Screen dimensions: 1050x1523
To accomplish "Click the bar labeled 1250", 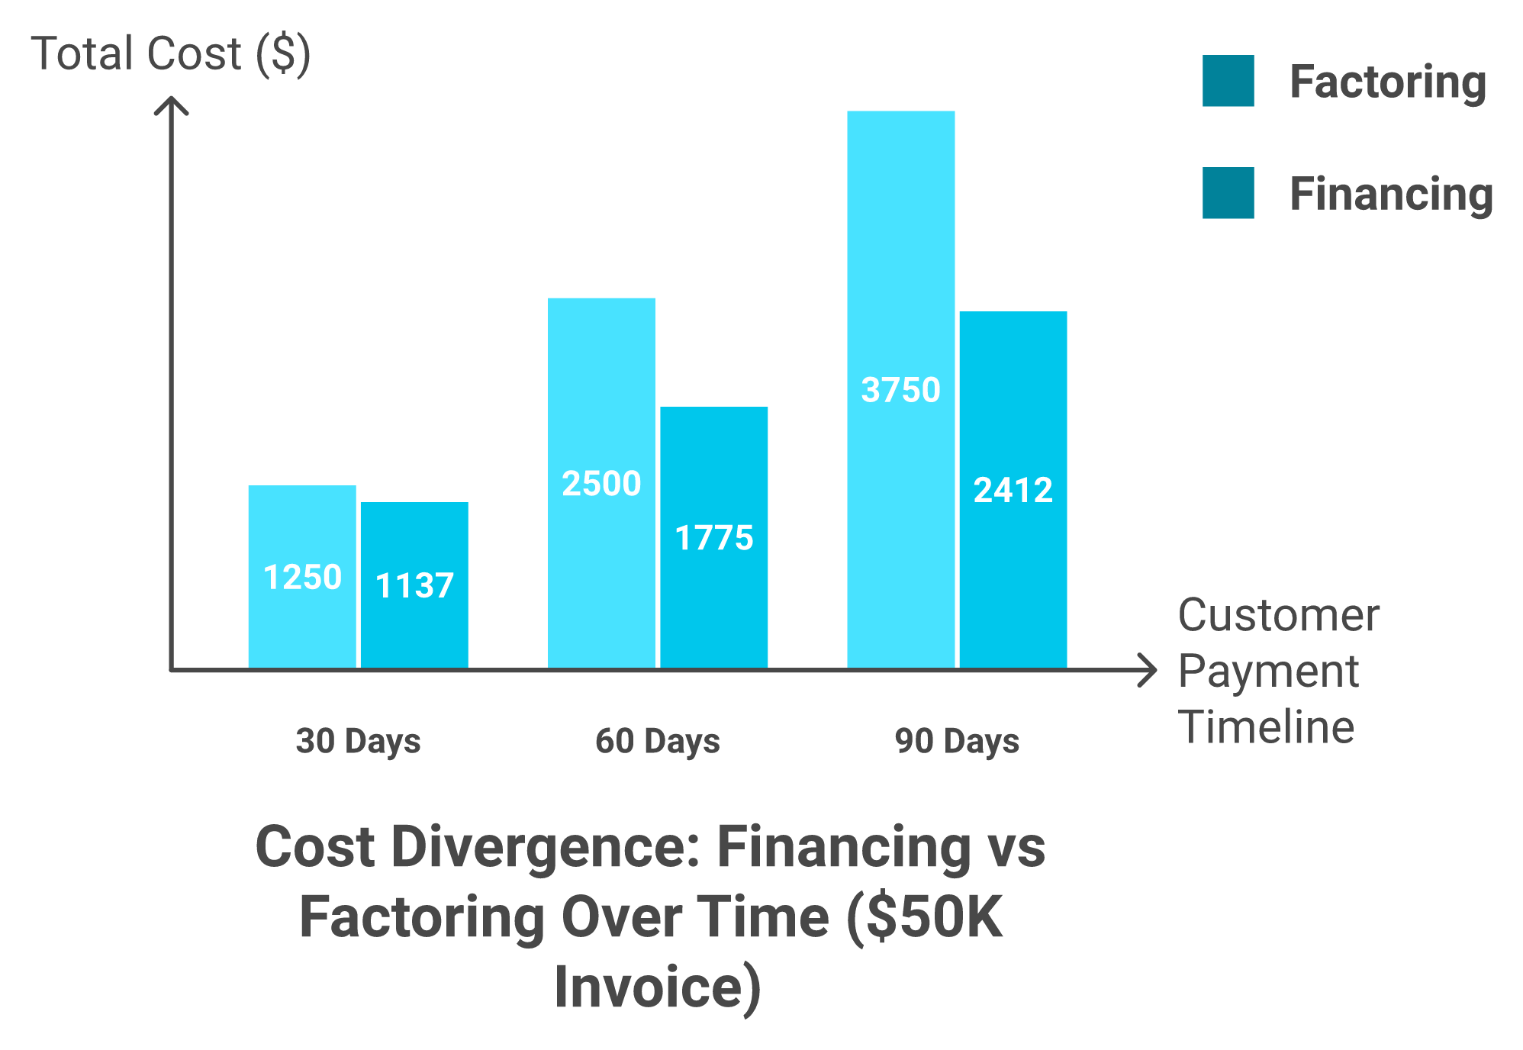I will [x=302, y=575].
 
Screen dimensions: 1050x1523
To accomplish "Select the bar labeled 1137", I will [x=415, y=585].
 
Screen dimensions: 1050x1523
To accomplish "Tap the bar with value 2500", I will [x=601, y=482].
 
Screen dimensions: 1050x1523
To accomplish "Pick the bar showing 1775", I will [x=715, y=537].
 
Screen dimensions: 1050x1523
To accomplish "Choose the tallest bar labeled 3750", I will [x=900, y=389].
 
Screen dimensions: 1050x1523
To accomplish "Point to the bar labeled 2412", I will [x=1014, y=489].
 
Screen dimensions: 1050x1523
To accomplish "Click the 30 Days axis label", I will [x=358, y=741].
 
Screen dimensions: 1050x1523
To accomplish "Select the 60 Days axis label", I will [x=658, y=741].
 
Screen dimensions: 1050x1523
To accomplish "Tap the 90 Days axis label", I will [x=957, y=741].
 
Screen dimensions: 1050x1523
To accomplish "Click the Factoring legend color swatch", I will [x=1228, y=81].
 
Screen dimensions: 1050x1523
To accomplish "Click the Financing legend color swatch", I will [x=1228, y=193].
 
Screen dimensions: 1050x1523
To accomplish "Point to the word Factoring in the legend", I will [x=1388, y=82].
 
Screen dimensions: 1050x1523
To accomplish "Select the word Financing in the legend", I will [x=1391, y=194].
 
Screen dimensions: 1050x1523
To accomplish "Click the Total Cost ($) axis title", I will [x=170, y=54].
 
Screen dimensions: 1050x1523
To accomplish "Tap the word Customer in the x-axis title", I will [x=1279, y=615].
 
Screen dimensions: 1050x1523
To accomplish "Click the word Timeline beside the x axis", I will [x=1267, y=726].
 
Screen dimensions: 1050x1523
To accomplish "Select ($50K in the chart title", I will [x=925, y=917].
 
